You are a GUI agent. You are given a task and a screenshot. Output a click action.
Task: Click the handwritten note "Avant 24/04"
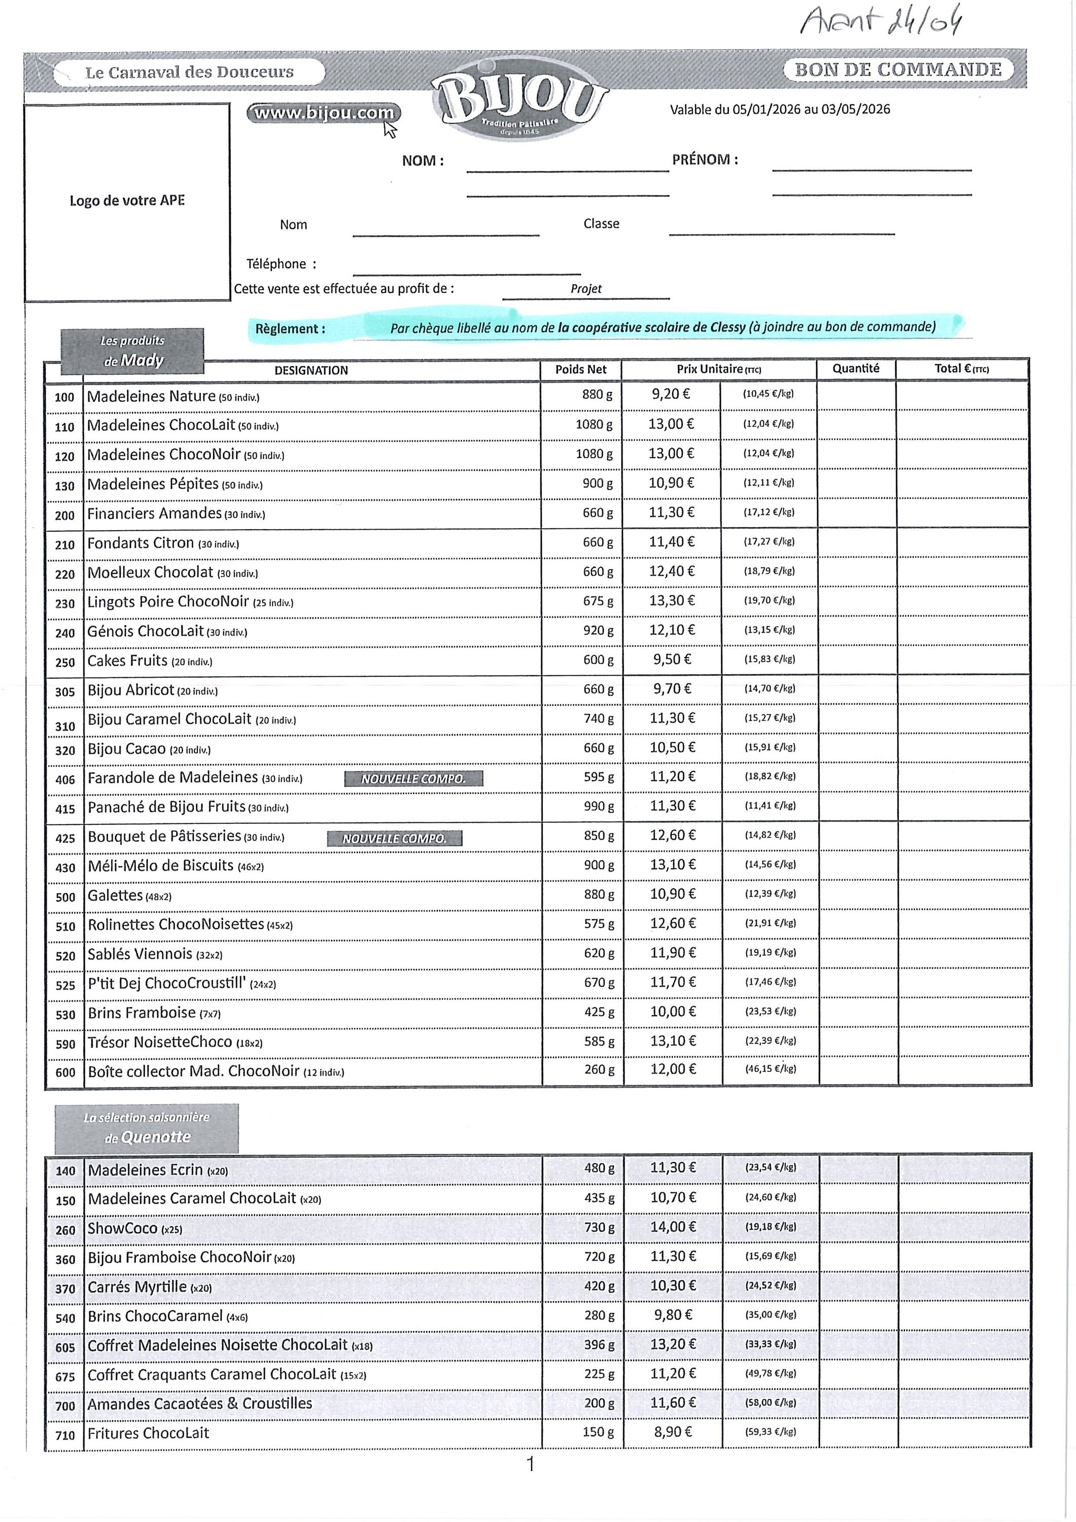(880, 22)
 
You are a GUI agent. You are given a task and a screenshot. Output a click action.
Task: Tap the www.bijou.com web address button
(324, 113)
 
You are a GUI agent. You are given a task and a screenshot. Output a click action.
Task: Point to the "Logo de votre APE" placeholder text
(127, 201)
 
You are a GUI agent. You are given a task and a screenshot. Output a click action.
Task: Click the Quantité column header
(855, 368)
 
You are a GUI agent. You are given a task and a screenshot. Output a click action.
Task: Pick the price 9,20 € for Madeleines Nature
(670, 394)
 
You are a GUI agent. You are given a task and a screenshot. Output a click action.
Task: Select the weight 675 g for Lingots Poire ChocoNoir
(598, 601)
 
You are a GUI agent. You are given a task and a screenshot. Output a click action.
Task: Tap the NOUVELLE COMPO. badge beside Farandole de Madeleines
(413, 779)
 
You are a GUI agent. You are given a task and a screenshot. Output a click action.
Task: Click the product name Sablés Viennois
(140, 954)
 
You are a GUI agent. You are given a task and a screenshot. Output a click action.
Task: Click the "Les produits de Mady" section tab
(132, 352)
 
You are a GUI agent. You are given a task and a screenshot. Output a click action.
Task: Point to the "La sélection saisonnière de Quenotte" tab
(147, 1129)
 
